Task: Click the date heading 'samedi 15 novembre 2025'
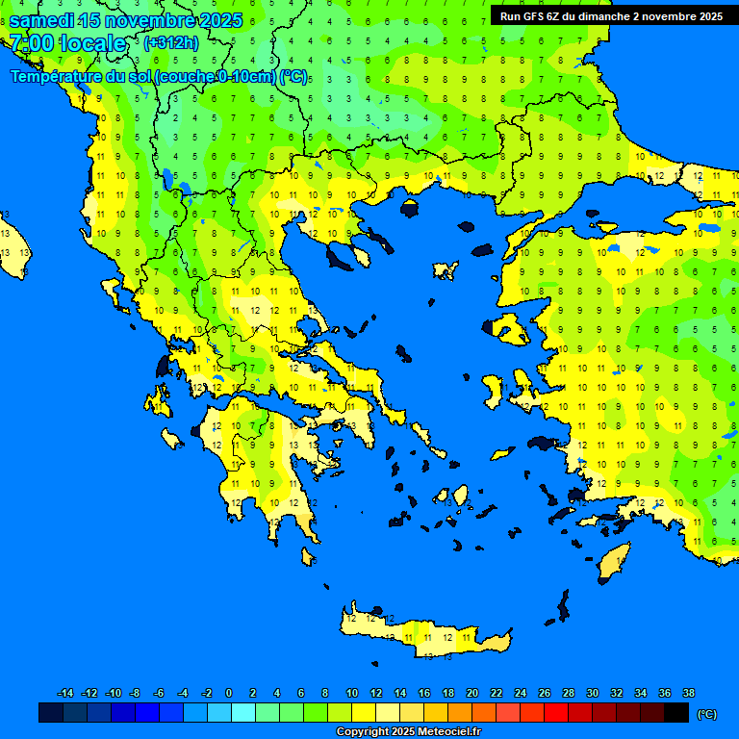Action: click(x=125, y=20)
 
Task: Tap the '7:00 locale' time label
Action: click(x=67, y=43)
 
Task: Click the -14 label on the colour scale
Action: click(x=65, y=694)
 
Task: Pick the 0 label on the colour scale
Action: click(x=229, y=694)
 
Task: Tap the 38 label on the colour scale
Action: click(x=688, y=694)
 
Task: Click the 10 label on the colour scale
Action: click(x=352, y=694)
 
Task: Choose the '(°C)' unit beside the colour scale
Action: click(x=707, y=714)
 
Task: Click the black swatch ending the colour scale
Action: click(x=676, y=713)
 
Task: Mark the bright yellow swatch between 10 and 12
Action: click(x=364, y=713)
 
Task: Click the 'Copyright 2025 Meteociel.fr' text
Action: click(x=408, y=731)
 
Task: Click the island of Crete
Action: click(x=423, y=635)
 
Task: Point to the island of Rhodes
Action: click(x=613, y=562)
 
